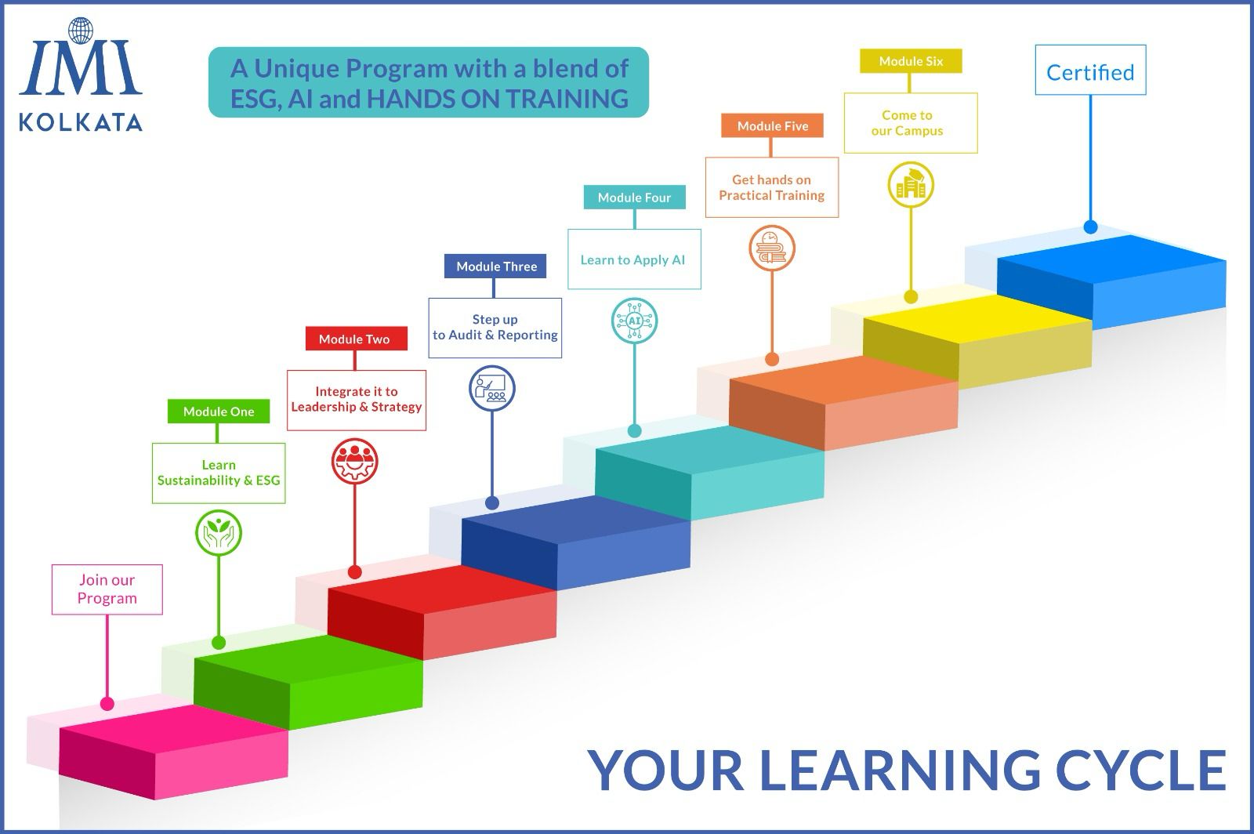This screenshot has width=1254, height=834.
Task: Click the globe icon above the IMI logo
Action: click(x=81, y=31)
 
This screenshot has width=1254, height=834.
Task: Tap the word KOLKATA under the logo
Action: click(x=81, y=122)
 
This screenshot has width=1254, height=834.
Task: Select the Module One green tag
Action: click(x=219, y=412)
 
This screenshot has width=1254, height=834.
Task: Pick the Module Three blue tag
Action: click(x=495, y=267)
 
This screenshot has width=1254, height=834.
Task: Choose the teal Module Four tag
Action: click(x=634, y=197)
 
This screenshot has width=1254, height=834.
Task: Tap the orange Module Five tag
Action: click(x=772, y=125)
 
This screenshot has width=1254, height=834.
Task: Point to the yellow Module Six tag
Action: click(x=911, y=61)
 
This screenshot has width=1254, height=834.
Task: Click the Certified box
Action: click(x=1090, y=70)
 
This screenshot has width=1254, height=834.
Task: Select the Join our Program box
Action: click(x=107, y=589)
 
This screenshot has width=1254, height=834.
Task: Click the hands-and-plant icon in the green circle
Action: click(x=219, y=533)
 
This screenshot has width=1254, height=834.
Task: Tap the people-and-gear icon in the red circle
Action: click(x=354, y=461)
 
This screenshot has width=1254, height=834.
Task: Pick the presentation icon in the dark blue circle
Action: click(x=491, y=389)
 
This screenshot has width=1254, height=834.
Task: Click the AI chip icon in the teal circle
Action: click(x=634, y=321)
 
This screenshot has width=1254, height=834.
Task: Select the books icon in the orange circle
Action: click(x=772, y=248)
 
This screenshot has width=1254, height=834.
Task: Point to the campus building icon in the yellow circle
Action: click(x=911, y=185)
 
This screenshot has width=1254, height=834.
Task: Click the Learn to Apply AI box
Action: click(x=634, y=259)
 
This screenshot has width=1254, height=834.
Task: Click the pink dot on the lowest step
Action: click(x=107, y=704)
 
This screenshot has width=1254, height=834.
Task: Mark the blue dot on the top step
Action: click(x=1090, y=227)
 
